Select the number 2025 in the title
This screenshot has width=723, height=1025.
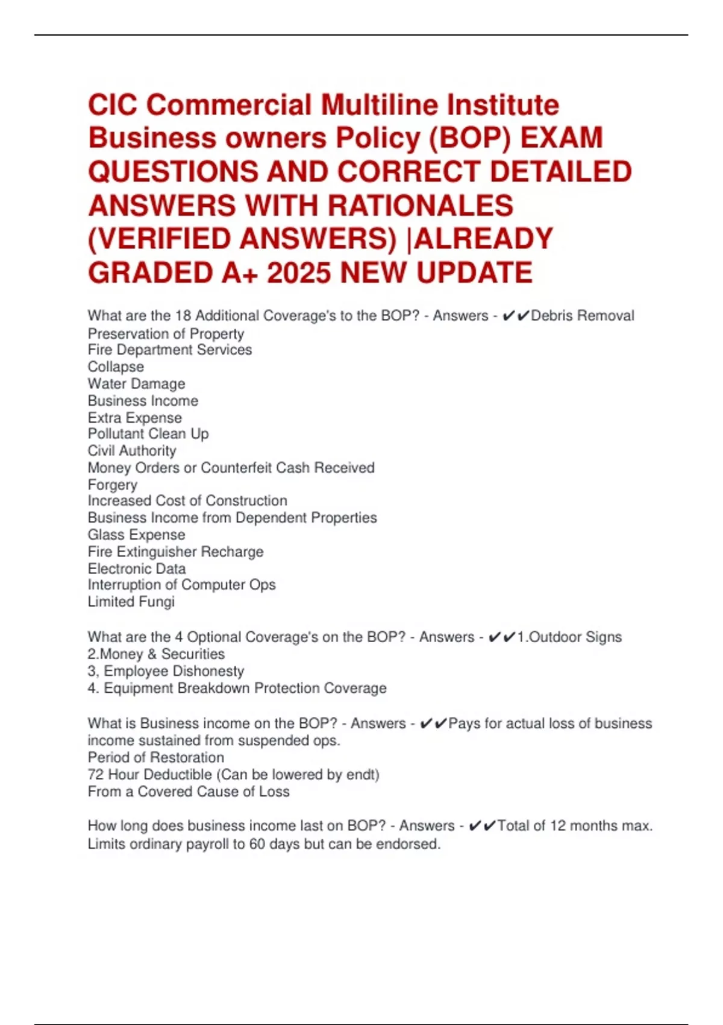(x=299, y=273)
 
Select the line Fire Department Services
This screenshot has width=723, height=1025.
(x=170, y=350)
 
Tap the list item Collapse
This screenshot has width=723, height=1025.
(x=116, y=367)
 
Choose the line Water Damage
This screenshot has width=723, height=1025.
(x=136, y=383)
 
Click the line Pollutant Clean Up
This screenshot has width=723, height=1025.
(x=148, y=434)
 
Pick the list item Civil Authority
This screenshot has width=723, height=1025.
(x=132, y=451)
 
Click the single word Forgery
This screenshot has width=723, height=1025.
(x=113, y=485)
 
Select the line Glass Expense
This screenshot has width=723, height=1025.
(x=136, y=535)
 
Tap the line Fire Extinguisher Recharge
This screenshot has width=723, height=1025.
(x=175, y=552)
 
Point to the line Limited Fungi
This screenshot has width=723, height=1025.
(x=131, y=602)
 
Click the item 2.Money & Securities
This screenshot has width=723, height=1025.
(x=156, y=654)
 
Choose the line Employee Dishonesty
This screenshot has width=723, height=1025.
(x=174, y=671)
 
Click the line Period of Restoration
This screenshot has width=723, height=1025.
(x=155, y=757)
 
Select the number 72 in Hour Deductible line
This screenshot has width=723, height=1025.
(x=96, y=774)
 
